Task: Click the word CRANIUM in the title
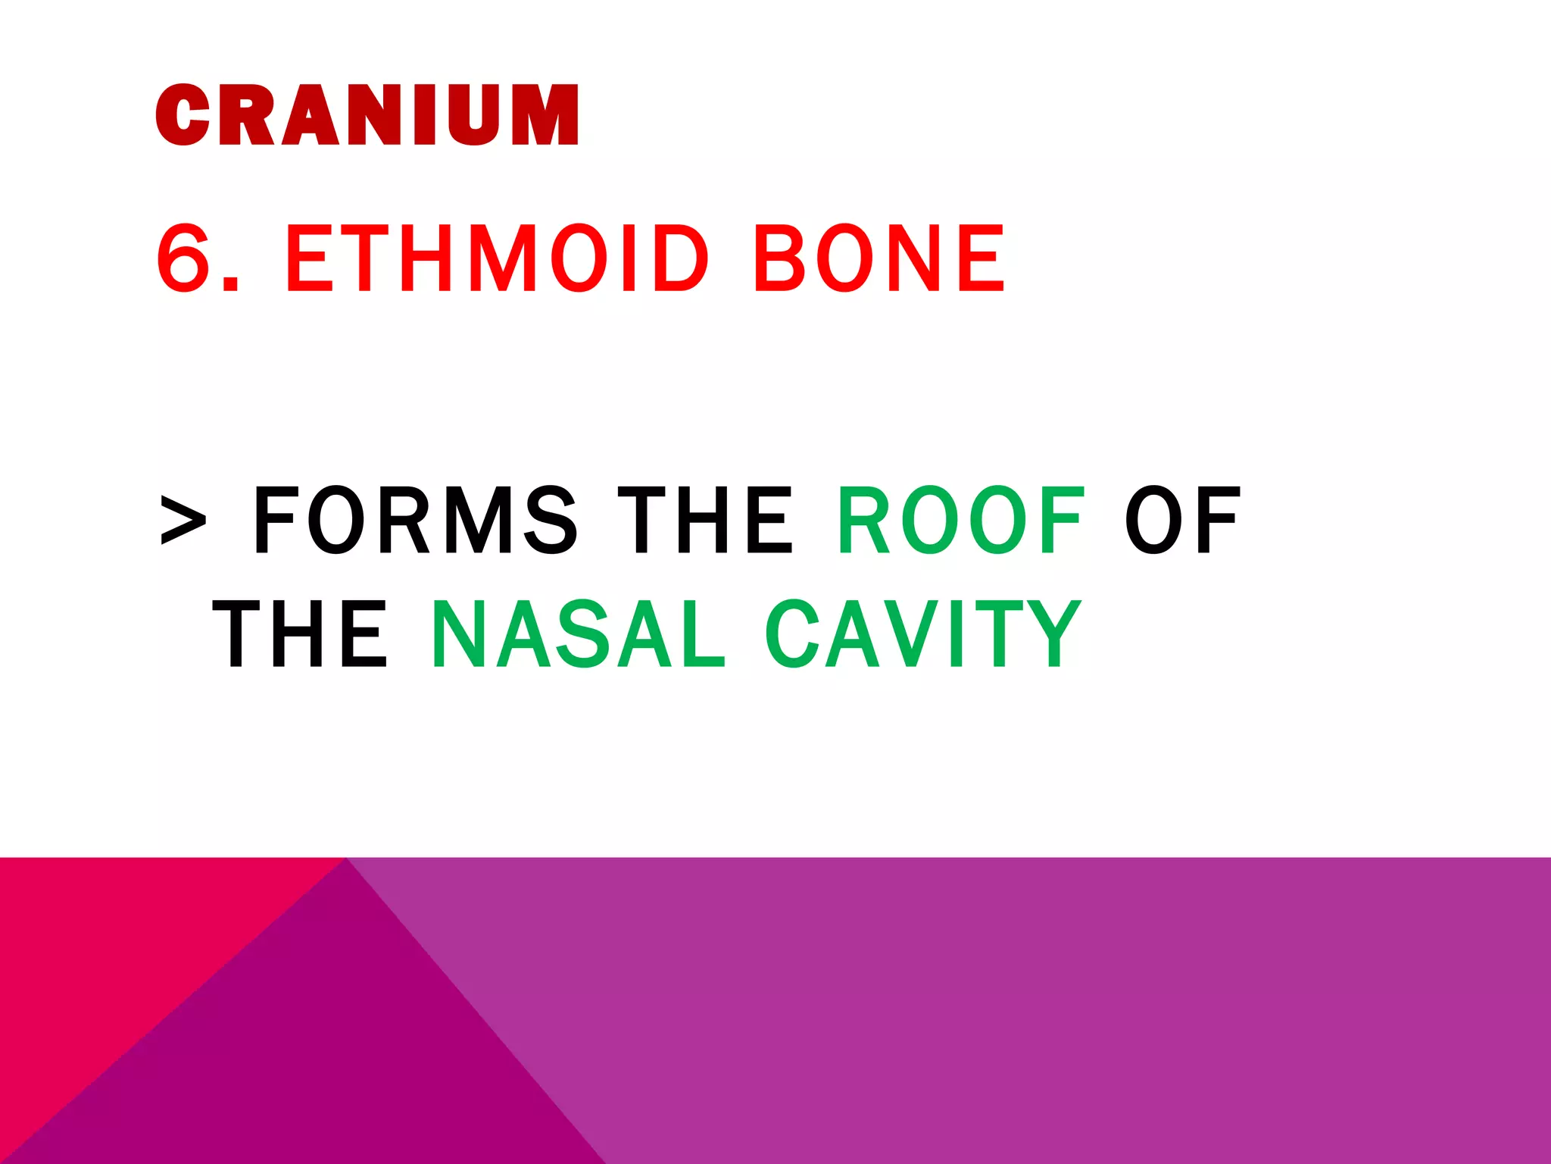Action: coord(367,114)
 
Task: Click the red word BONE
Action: coord(879,258)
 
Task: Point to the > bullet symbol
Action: coord(183,521)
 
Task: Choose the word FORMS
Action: coord(415,521)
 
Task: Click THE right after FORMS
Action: coord(705,521)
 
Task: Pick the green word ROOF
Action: coord(961,521)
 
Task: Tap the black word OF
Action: coord(1182,521)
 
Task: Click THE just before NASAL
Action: coord(300,634)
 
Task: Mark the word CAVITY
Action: coord(923,634)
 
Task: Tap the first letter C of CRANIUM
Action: coord(183,114)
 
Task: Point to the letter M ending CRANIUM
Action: coord(545,114)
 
